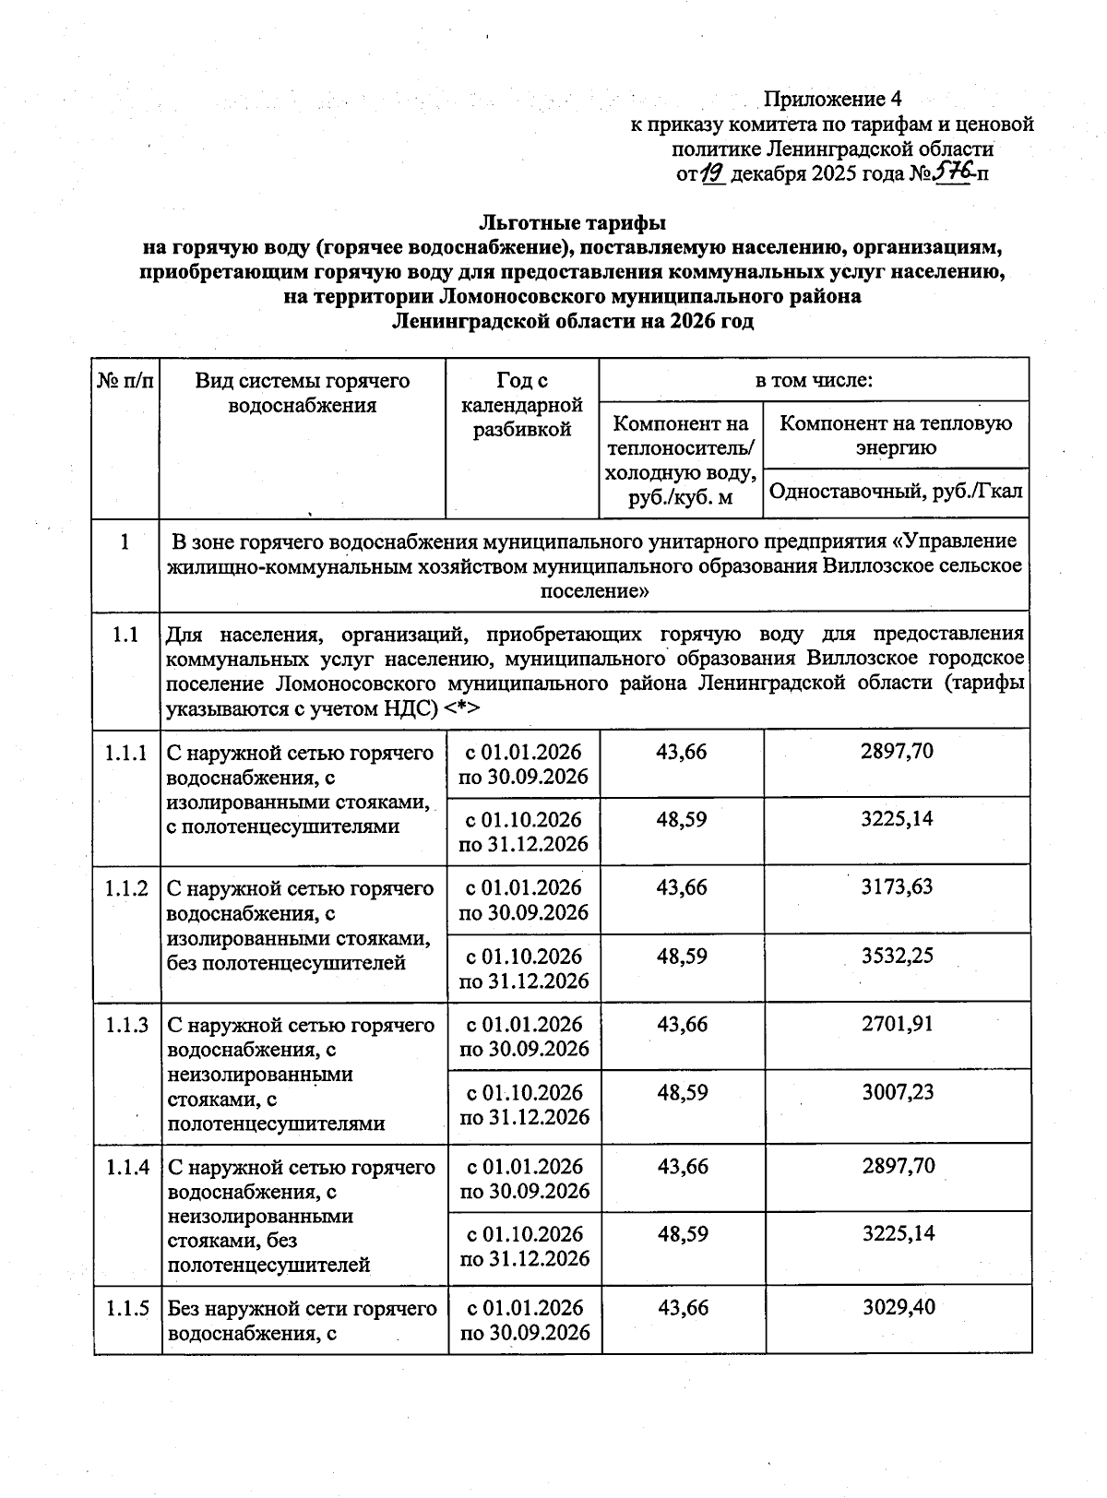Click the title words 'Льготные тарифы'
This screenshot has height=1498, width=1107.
pyautogui.click(x=572, y=222)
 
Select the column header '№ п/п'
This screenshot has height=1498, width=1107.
pyautogui.click(x=125, y=381)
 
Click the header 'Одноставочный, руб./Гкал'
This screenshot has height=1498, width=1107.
pyautogui.click(x=896, y=492)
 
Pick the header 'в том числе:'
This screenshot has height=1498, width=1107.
pyautogui.click(x=814, y=380)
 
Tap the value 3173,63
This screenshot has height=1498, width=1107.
pyautogui.click(x=897, y=887)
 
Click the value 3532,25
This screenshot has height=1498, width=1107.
pyautogui.click(x=897, y=956)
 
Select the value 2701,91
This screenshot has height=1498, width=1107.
pyautogui.click(x=897, y=1024)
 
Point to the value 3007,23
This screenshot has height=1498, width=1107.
pyautogui.click(x=897, y=1092)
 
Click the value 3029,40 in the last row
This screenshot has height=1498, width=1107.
pyautogui.click(x=897, y=1308)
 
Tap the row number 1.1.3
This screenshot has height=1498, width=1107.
pyautogui.click(x=126, y=1025)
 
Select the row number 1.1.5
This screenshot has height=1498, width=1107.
pyautogui.click(x=126, y=1308)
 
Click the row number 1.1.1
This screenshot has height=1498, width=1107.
pyautogui.click(x=126, y=753)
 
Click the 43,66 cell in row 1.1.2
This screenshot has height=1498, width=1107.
pyautogui.click(x=682, y=887)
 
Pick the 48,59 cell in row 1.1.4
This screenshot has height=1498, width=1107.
pyautogui.click(x=682, y=1234)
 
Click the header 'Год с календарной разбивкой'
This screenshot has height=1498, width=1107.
pyautogui.click(x=522, y=405)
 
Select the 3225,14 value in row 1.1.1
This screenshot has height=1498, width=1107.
pyautogui.click(x=897, y=819)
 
